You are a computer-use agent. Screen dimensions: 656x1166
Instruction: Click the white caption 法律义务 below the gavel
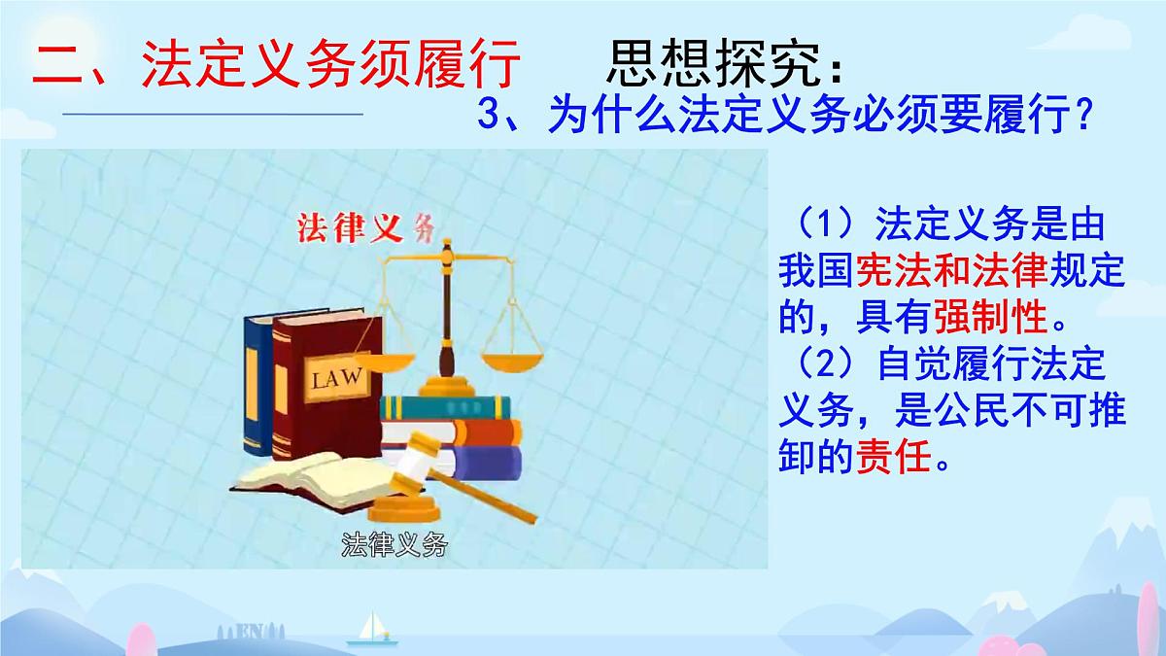click(x=394, y=545)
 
